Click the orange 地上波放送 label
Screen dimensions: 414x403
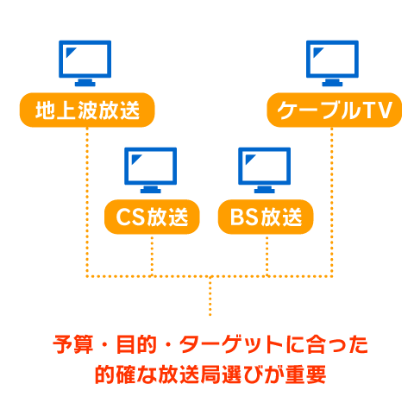click(87, 110)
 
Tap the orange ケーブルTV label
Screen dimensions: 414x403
click(334, 110)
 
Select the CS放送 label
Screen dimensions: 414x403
click(152, 217)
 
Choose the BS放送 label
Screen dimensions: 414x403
click(266, 217)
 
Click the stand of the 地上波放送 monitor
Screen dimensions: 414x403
click(85, 83)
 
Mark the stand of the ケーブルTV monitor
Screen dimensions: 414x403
click(332, 83)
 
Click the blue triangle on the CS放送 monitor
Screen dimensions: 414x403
click(135, 159)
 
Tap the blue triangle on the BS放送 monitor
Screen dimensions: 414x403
click(249, 159)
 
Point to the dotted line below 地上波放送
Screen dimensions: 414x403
click(87, 202)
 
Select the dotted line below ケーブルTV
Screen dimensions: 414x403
click(332, 202)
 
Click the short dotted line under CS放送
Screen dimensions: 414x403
click(152, 255)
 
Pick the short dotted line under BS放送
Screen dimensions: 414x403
click(267, 255)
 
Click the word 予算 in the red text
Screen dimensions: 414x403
click(73, 344)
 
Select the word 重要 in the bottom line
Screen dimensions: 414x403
click(305, 375)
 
